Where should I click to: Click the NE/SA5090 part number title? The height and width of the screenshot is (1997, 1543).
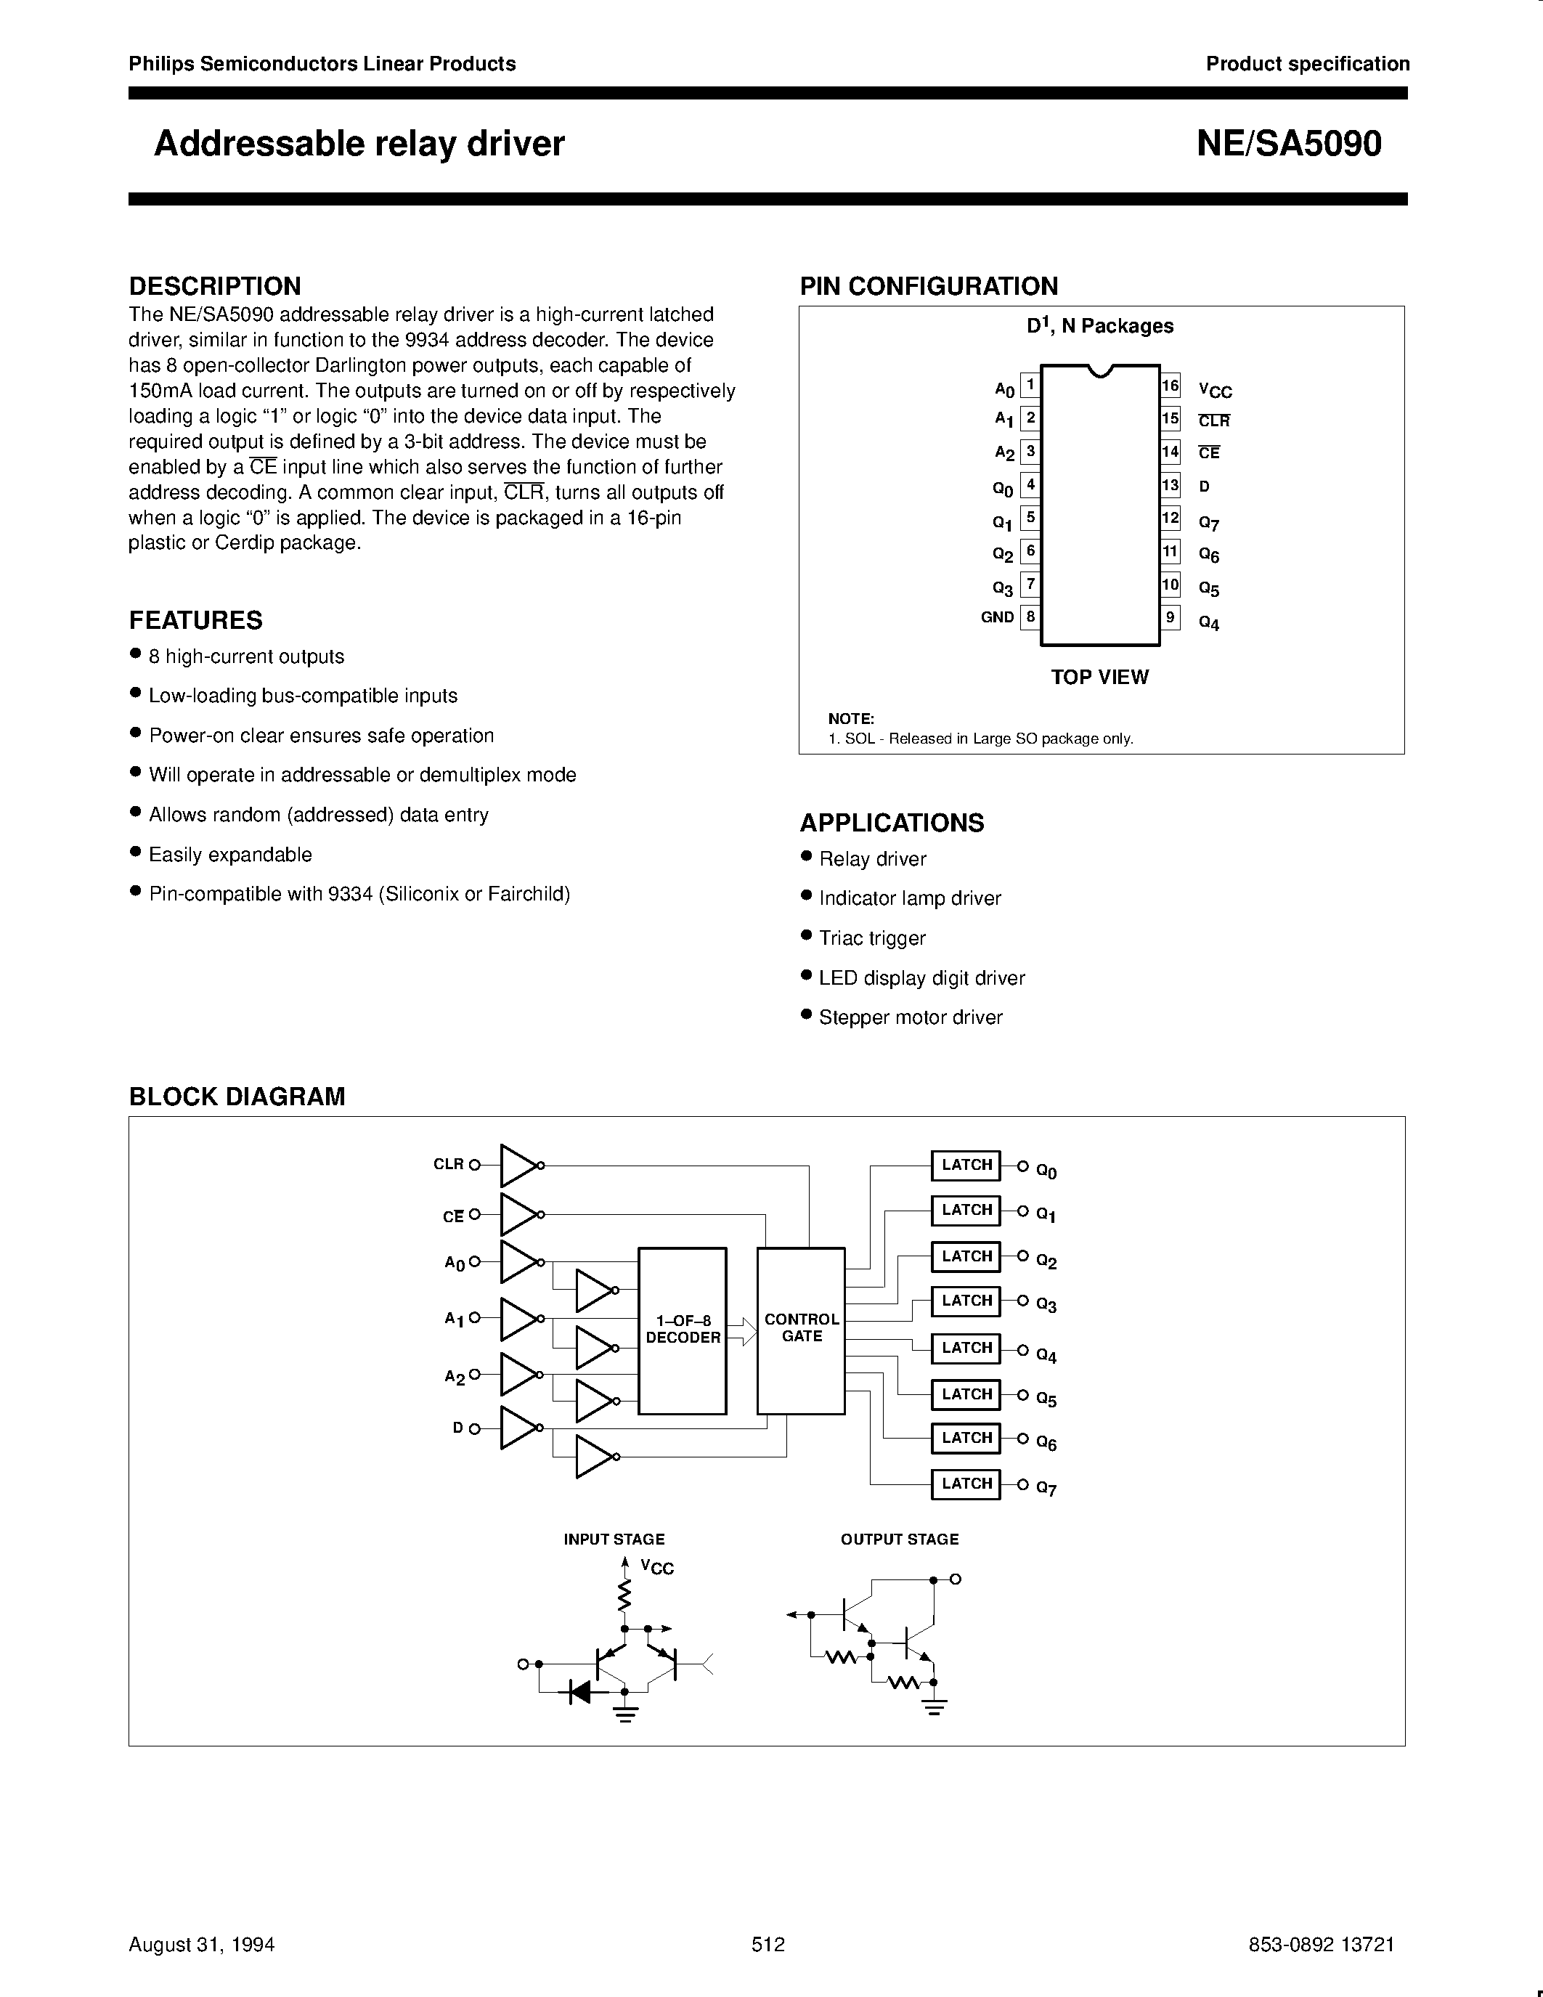click(x=1289, y=144)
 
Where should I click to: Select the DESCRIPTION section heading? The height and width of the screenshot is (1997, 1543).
click(x=215, y=286)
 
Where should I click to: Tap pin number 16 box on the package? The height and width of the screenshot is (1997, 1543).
click(x=1170, y=386)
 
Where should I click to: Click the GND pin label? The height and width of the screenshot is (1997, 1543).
click(x=997, y=617)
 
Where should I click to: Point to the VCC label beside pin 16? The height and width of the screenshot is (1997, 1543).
click(x=1215, y=391)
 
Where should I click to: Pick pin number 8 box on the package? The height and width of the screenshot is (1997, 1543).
click(x=1030, y=617)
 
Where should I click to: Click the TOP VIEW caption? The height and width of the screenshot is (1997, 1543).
click(x=1099, y=677)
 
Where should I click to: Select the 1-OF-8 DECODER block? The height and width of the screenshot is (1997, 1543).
click(x=682, y=1330)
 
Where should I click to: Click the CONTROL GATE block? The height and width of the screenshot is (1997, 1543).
click(x=801, y=1330)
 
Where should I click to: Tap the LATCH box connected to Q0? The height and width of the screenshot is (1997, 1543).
click(x=966, y=1165)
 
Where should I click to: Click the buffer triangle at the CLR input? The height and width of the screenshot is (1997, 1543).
click(x=518, y=1165)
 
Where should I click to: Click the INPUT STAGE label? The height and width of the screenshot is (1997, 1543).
click(x=614, y=1540)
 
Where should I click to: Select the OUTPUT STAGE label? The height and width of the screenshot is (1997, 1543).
click(x=900, y=1540)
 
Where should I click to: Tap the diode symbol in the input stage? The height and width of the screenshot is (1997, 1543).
click(x=579, y=1691)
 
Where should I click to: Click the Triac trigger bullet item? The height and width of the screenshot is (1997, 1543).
click(x=872, y=938)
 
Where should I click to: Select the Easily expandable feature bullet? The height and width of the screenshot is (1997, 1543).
click(x=229, y=855)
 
